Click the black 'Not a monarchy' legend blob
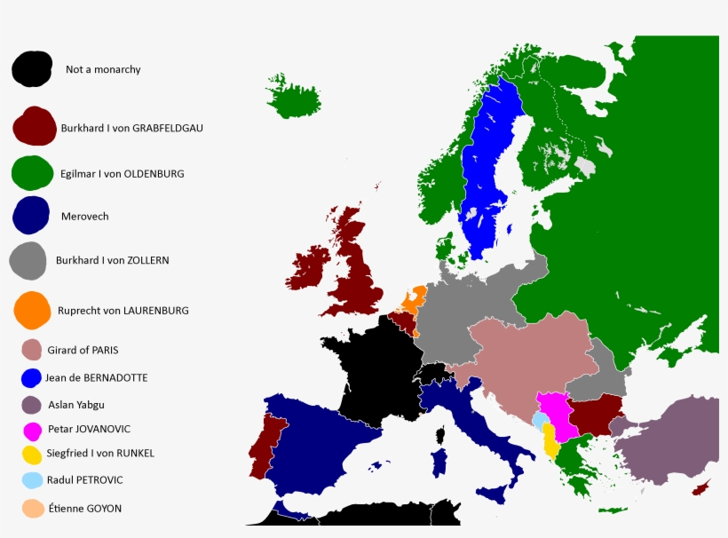(x=31, y=68)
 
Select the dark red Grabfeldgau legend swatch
(x=34, y=127)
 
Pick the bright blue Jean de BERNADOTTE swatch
(x=32, y=377)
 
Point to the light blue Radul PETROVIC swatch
(x=33, y=479)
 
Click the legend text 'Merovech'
(x=84, y=216)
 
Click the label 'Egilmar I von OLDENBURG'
(x=122, y=174)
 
